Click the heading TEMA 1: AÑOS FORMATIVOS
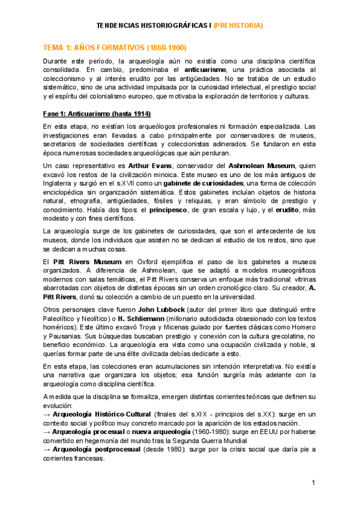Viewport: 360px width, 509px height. pos(115,47)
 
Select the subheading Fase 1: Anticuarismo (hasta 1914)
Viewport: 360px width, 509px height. pos(97,113)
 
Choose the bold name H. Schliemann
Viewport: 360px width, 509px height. pos(143,318)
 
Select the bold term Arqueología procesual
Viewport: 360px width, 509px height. pos(86,432)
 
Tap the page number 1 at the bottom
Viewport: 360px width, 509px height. pos(313,484)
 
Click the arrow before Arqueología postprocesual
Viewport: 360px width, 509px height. pos(47,449)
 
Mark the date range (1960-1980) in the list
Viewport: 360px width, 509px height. pos(215,432)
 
